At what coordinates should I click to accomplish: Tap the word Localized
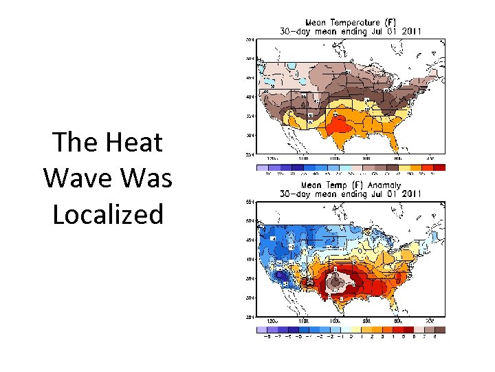click(108, 214)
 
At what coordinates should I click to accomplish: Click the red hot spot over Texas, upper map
click(338, 125)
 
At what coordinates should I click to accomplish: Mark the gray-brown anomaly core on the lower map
click(335, 280)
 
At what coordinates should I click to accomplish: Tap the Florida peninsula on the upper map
click(397, 141)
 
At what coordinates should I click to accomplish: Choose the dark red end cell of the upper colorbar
click(440, 167)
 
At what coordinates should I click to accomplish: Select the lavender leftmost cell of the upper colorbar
click(261, 167)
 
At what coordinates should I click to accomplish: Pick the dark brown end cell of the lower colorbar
click(440, 329)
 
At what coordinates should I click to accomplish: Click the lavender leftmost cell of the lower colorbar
click(261, 329)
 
